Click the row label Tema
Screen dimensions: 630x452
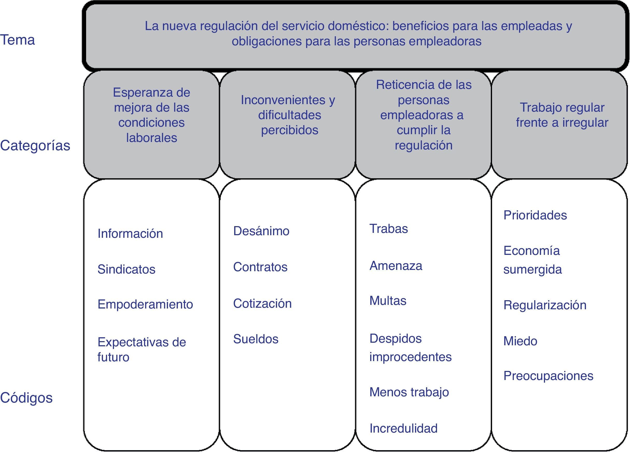pos(18,40)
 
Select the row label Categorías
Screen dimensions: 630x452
pos(35,146)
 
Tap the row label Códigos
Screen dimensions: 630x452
pos(26,398)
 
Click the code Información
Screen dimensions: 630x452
pos(130,234)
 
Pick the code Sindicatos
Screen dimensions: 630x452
pos(126,269)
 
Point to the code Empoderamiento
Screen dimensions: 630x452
pos(145,304)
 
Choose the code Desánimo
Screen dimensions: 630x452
pos(261,231)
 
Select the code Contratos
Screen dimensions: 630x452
pos(260,267)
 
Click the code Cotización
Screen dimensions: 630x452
pos(262,303)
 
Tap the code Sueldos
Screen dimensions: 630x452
pos(256,339)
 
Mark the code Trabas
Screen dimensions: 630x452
pos(388,229)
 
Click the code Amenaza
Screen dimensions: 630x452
pos(396,266)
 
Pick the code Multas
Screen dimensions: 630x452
pos(388,300)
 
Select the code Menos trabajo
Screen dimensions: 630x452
pos(409,392)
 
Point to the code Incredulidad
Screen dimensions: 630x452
pos(403,428)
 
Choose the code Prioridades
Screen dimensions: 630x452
pos(535,215)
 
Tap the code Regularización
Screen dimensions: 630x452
pos(545,305)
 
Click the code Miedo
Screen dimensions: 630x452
pos(520,341)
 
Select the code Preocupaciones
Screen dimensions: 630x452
pos(548,376)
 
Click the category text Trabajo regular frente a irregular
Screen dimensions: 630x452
pos(562,115)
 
